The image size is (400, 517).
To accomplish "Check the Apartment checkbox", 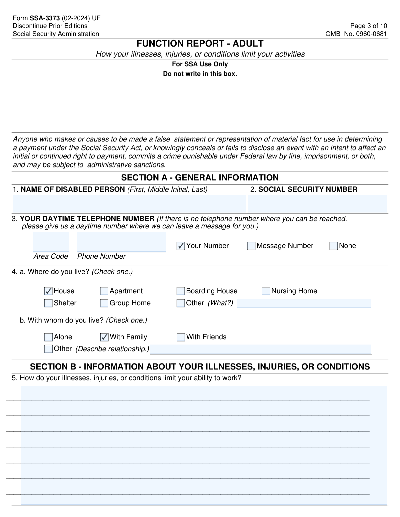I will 104,291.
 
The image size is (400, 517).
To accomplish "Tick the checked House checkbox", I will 48,291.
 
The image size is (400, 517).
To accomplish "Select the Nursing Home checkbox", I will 266,291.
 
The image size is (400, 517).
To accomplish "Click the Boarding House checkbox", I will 181,291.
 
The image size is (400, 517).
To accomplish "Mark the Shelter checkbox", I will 48,303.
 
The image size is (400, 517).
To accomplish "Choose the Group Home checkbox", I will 104,303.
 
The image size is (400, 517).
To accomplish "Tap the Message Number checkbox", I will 251,246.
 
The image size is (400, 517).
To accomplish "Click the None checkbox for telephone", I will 333,246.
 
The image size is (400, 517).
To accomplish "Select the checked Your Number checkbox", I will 181,246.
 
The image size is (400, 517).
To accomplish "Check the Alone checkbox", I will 48,337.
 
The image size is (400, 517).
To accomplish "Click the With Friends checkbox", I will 181,337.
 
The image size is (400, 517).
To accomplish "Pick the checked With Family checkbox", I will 104,337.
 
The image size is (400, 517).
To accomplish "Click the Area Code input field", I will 51,242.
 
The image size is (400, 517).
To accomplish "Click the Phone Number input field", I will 121,242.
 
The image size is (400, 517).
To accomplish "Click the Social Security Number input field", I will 317,204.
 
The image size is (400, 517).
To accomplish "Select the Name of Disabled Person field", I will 129,204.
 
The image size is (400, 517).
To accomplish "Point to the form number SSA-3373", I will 45,18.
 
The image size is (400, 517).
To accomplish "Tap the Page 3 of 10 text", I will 369,26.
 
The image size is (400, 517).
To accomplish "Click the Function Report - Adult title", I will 200,44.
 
